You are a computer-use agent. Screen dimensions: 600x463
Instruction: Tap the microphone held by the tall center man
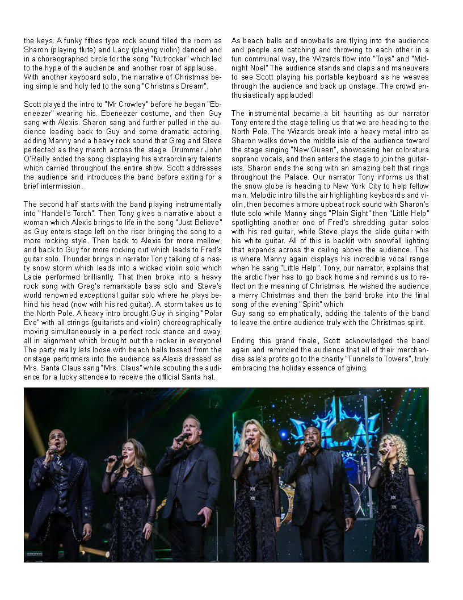[182, 437]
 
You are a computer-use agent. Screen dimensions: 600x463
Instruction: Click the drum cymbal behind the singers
[344, 430]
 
